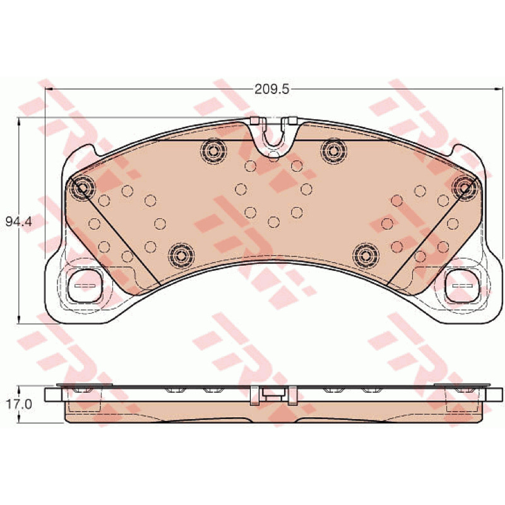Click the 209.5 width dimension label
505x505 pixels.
[272, 89]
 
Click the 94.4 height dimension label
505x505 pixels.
[19, 222]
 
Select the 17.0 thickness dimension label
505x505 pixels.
[20, 404]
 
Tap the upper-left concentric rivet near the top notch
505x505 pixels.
[213, 150]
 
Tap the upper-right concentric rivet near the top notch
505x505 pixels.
[334, 150]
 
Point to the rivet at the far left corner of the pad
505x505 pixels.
[82, 187]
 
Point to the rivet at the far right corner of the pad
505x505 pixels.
[465, 187]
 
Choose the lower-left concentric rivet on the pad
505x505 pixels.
[181, 256]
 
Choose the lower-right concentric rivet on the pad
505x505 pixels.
[365, 256]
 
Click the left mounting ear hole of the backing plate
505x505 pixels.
[85, 286]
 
